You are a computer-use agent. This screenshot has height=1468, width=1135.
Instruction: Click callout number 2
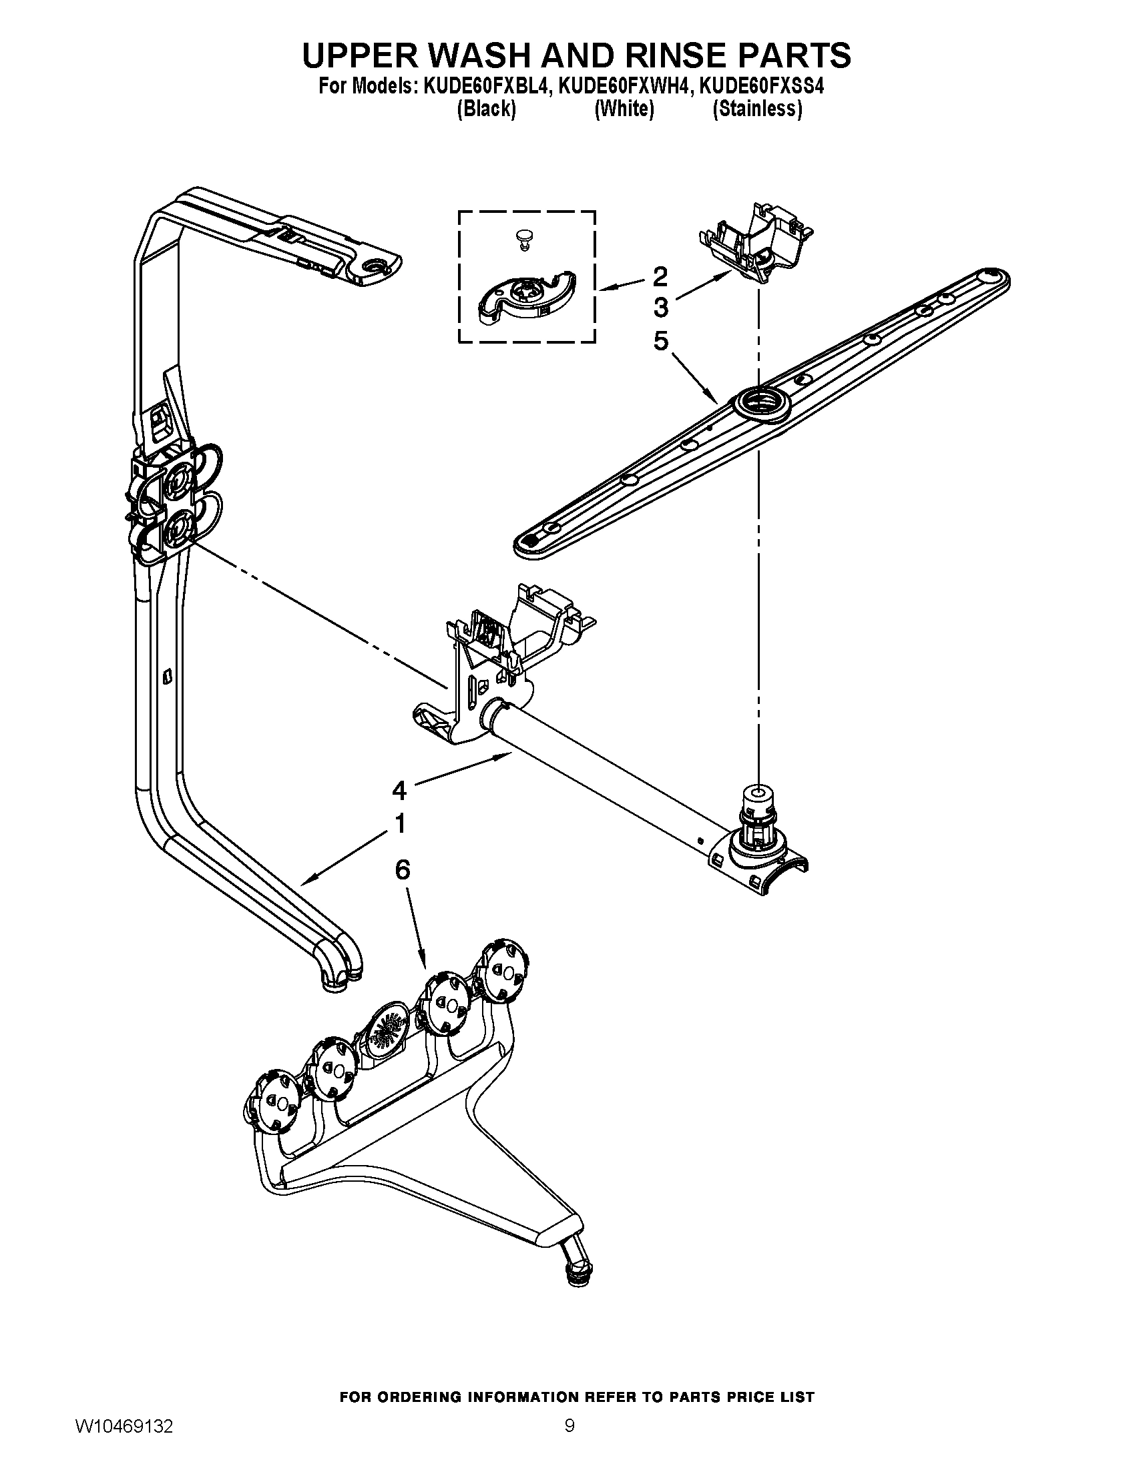(660, 276)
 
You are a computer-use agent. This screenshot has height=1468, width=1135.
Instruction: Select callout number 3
(660, 308)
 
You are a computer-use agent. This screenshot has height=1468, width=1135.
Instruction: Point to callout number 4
(399, 791)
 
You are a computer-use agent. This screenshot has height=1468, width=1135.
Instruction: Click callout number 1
(399, 824)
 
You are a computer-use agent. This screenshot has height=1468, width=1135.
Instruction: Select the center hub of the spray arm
(756, 405)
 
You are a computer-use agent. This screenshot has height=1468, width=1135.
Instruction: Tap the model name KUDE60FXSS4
(758, 87)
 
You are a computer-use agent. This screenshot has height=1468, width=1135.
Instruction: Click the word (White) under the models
(624, 109)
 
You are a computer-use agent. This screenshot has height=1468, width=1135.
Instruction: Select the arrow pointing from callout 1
(343, 857)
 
